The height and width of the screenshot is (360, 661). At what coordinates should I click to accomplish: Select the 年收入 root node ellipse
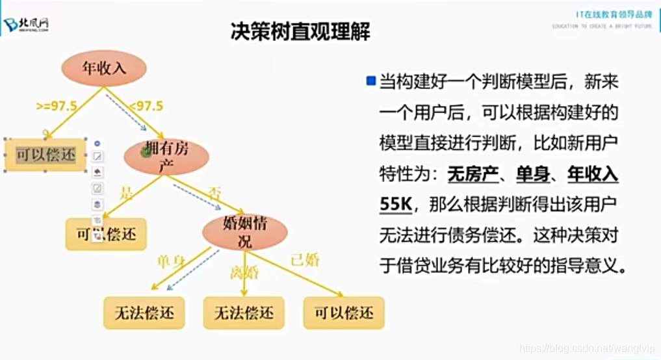coord(104,68)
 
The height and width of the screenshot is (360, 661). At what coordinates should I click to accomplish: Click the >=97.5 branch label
coord(57,106)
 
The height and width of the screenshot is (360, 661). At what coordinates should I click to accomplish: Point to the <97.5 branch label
coord(146,106)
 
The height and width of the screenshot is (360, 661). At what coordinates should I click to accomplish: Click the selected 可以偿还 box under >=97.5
coord(46,155)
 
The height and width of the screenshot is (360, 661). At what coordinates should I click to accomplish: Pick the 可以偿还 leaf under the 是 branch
coord(106,234)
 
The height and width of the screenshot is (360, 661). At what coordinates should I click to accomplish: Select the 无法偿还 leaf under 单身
coord(144,313)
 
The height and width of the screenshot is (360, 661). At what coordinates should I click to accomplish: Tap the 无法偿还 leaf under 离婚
coord(244,313)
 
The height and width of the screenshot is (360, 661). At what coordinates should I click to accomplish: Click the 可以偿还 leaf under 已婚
coord(344,313)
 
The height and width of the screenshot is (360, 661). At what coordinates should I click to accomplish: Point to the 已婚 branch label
coord(305,261)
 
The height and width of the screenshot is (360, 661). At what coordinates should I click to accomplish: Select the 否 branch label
coord(214,192)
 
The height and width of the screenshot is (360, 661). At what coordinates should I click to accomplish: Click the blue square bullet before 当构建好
coord(371,81)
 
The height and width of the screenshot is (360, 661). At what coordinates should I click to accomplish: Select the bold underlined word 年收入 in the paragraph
coord(593,175)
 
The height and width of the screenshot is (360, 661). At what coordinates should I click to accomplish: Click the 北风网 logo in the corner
coord(27,25)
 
